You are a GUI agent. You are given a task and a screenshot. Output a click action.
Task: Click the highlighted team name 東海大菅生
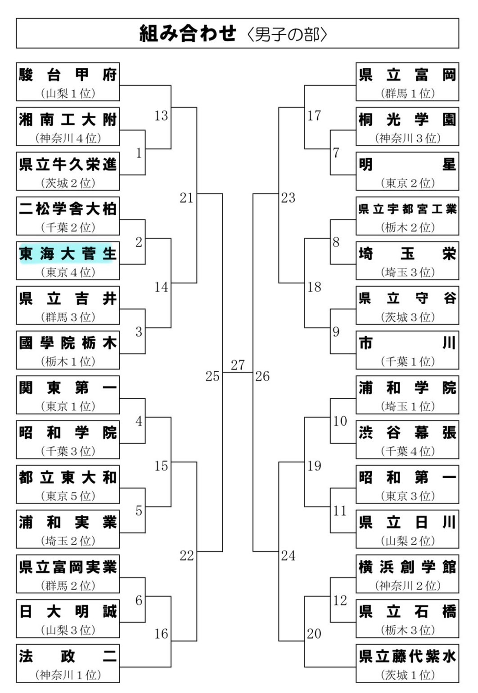(x=68, y=254)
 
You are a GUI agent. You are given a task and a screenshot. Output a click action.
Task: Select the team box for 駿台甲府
(x=68, y=82)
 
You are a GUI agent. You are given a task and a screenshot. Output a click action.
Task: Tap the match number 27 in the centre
(x=238, y=365)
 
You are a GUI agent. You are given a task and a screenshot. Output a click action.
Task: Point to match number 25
(x=212, y=376)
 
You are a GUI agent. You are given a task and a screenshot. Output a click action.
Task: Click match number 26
(x=262, y=376)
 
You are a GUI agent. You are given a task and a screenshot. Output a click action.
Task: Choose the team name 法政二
(x=68, y=657)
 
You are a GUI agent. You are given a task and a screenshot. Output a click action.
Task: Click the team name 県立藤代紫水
(x=407, y=657)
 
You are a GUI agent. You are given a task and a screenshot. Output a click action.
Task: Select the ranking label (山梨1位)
(x=68, y=93)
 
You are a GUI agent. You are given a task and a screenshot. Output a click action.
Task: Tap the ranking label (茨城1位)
(x=407, y=675)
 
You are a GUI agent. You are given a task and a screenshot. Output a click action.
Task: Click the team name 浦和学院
(x=407, y=388)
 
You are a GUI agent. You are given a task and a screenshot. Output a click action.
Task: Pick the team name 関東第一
(x=68, y=388)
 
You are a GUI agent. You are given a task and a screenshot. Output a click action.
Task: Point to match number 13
(x=161, y=116)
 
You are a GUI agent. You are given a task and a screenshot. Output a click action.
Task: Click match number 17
(x=314, y=116)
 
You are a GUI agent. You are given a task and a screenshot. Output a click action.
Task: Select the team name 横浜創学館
(x=407, y=567)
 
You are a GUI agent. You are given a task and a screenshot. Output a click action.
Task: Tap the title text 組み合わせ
(x=188, y=34)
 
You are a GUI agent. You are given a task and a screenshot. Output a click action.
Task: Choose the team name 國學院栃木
(x=68, y=343)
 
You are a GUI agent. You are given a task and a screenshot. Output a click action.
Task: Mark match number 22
(x=187, y=556)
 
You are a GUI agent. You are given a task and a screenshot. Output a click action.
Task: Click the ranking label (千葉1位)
(x=407, y=362)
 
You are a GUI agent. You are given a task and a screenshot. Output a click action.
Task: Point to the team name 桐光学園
(x=407, y=120)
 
